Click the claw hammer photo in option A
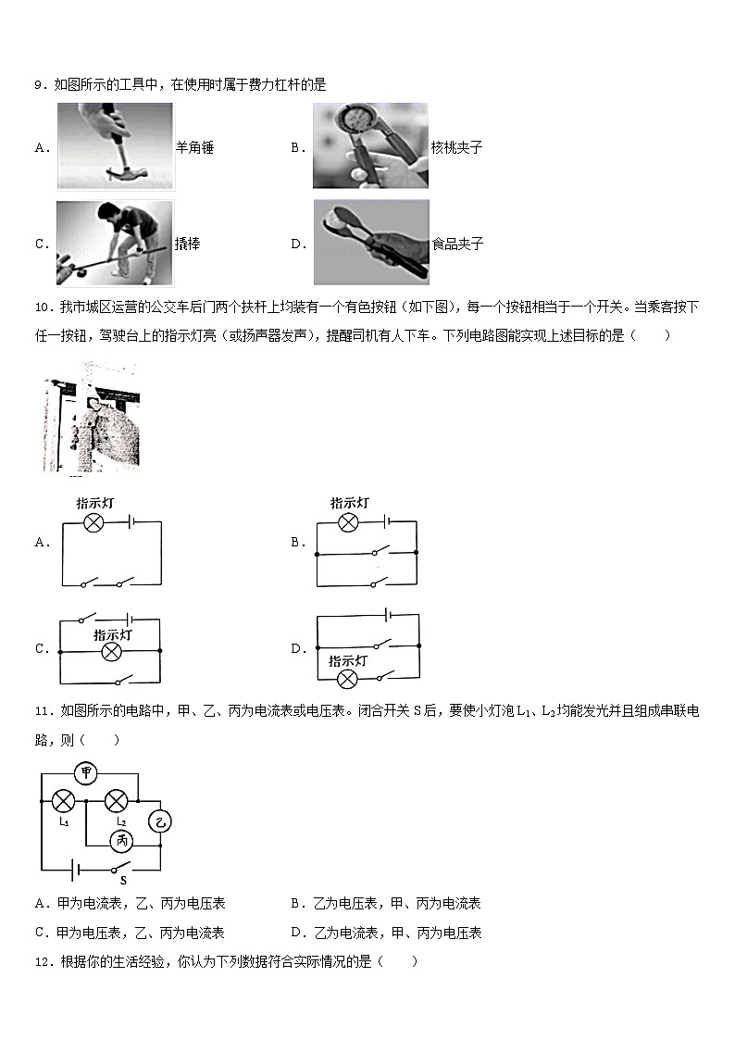115,146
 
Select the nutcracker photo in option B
370,146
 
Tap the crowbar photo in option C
115,244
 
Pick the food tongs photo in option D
371,243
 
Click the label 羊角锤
194,147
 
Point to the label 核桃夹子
457,147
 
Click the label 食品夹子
457,244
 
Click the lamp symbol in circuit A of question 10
93,522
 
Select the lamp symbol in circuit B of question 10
348,522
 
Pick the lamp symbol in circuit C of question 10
112,653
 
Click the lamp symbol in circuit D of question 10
347,680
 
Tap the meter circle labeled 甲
87,774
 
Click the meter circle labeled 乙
161,821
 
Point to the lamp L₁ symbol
63,800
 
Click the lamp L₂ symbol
116,800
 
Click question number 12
41,961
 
